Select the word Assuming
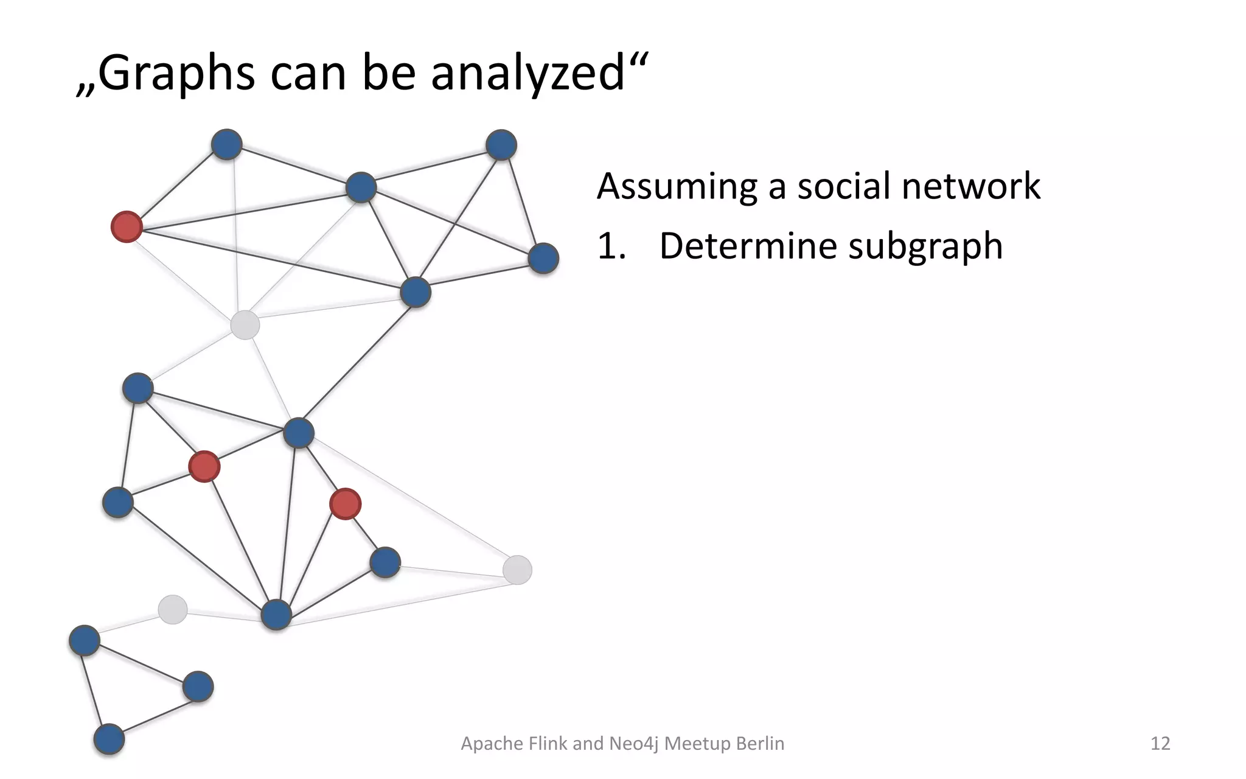[x=677, y=186]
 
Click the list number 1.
[x=610, y=246]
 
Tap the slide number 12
[x=1160, y=743]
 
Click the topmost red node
[x=127, y=227]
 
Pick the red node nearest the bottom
[x=345, y=504]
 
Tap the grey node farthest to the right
[x=517, y=570]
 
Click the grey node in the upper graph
[x=245, y=324]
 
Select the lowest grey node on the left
[x=172, y=609]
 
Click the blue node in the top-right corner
[x=501, y=145]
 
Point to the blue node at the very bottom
[x=109, y=739]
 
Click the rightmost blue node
[x=543, y=258]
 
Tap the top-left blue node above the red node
[x=226, y=144]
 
